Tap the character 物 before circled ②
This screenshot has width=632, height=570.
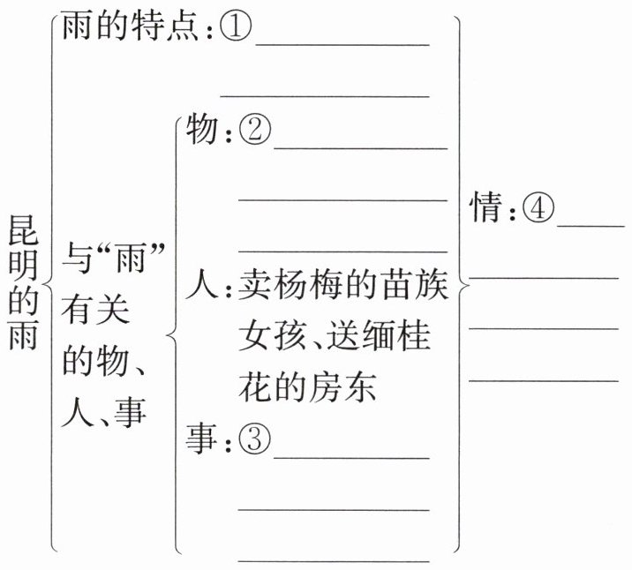[x=202, y=132]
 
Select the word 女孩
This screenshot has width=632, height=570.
[x=275, y=336]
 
